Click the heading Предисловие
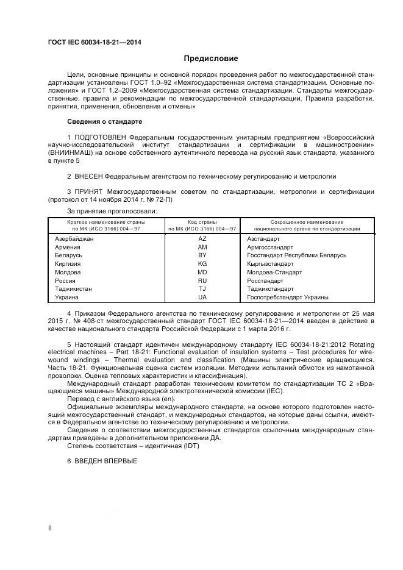tap(211, 59)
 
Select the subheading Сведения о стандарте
tap(104, 121)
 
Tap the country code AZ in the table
tap(202, 239)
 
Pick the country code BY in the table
tap(202, 255)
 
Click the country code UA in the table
tap(202, 297)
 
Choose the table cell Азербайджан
tap(74, 239)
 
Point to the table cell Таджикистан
tap(74, 289)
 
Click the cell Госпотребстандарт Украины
tap(288, 297)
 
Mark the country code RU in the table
tap(202, 280)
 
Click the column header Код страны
tap(202, 222)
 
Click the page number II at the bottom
tap(50, 528)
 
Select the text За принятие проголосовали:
tap(104, 211)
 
